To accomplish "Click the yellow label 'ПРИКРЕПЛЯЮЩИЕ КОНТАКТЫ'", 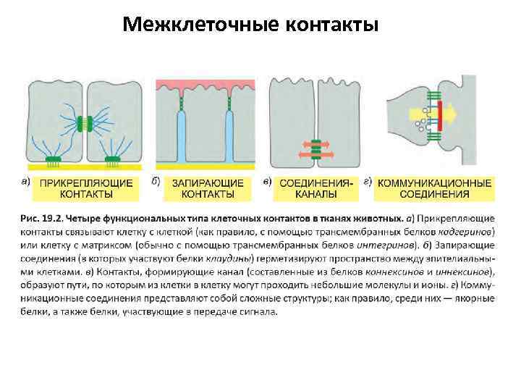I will [86, 188].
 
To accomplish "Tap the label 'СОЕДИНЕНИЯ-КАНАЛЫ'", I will [316, 188].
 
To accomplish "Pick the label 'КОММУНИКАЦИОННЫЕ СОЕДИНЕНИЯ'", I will [435, 188].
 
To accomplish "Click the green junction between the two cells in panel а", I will [87, 122].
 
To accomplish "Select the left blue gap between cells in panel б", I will [181, 138].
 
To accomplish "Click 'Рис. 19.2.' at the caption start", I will [41, 218].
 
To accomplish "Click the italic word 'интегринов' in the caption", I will [356, 245].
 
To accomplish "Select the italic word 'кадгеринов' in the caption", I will [466, 232].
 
